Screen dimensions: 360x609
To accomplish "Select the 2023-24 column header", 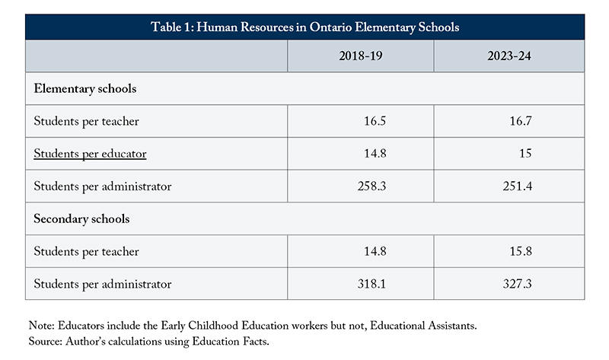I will pos(509,56).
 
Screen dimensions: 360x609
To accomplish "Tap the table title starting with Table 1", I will pos(304,27).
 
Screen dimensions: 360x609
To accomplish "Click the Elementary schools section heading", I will pos(85,88).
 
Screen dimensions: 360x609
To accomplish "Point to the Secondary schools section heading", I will pos(82,219).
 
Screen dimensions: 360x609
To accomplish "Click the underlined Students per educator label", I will pos(90,154).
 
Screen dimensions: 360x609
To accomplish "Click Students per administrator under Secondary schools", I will pos(103,285).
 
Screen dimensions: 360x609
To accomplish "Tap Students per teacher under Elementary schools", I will pos(86,121).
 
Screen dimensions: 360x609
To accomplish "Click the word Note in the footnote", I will pos(38,325).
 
